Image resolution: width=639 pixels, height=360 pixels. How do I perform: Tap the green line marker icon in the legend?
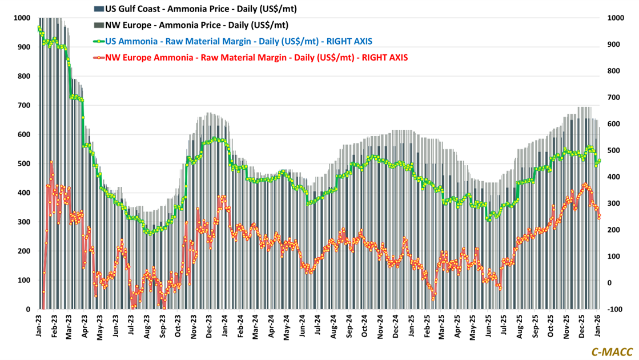(x=98, y=41)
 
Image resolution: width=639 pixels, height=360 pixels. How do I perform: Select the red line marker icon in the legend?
(x=98, y=57)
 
